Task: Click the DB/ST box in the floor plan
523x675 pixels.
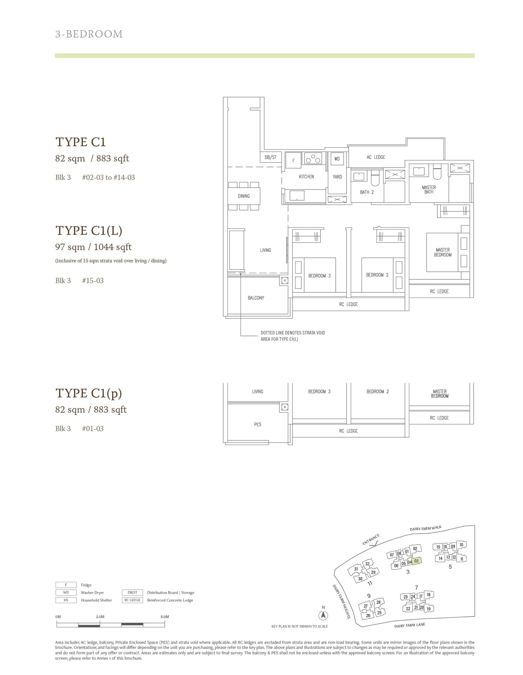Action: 271,157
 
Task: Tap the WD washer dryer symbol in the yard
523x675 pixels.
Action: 337,159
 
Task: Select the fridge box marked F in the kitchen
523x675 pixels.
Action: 293,160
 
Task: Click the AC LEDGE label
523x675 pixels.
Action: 376,157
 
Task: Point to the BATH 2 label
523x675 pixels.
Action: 366,192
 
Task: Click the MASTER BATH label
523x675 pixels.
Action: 429,189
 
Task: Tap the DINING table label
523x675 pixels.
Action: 244,196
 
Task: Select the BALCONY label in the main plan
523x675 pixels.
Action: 256,298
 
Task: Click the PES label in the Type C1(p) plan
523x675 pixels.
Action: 258,424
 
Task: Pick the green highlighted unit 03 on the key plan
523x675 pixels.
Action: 416,561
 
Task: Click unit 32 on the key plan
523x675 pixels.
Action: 367,564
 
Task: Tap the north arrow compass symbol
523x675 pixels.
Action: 323,616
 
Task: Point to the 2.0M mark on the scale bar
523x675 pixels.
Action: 100,617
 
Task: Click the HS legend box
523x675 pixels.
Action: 66,600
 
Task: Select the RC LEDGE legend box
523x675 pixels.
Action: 132,600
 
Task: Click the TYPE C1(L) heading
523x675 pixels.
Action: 89,231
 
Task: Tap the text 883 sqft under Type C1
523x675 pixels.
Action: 112,158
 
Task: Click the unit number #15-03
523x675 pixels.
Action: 93,281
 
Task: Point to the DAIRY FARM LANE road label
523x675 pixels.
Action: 410,625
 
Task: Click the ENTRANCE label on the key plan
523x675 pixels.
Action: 371,539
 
